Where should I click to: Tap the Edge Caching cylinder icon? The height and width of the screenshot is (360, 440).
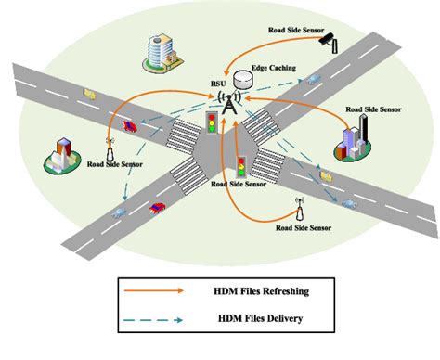(245, 81)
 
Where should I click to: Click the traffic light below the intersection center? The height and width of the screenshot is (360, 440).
(241, 167)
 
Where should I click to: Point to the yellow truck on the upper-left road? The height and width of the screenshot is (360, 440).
(90, 93)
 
